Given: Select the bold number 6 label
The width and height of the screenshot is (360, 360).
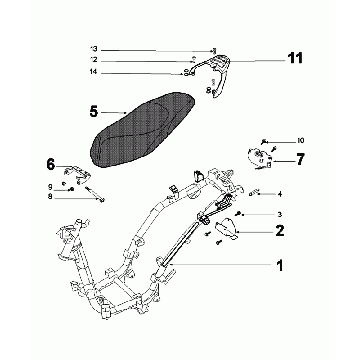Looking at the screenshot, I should pyautogui.click(x=50, y=162).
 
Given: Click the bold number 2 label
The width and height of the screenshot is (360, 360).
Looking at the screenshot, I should pyautogui.click(x=280, y=230).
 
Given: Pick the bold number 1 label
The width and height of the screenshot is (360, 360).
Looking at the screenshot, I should pyautogui.click(x=281, y=266).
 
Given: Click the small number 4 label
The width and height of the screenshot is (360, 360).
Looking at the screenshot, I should pyautogui.click(x=280, y=193).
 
